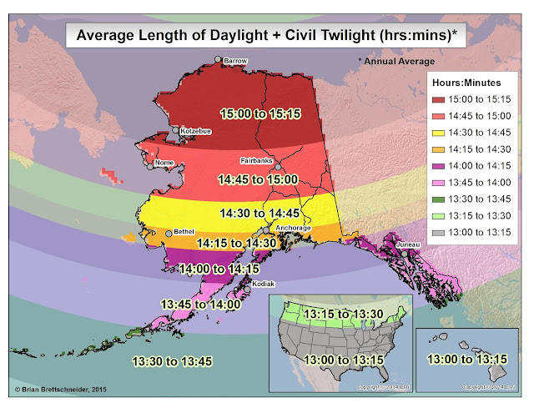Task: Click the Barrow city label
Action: [236, 61]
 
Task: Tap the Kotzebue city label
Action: [194, 131]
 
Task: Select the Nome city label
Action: [164, 163]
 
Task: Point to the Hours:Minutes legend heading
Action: [471, 83]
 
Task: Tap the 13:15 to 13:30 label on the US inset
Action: [344, 314]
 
